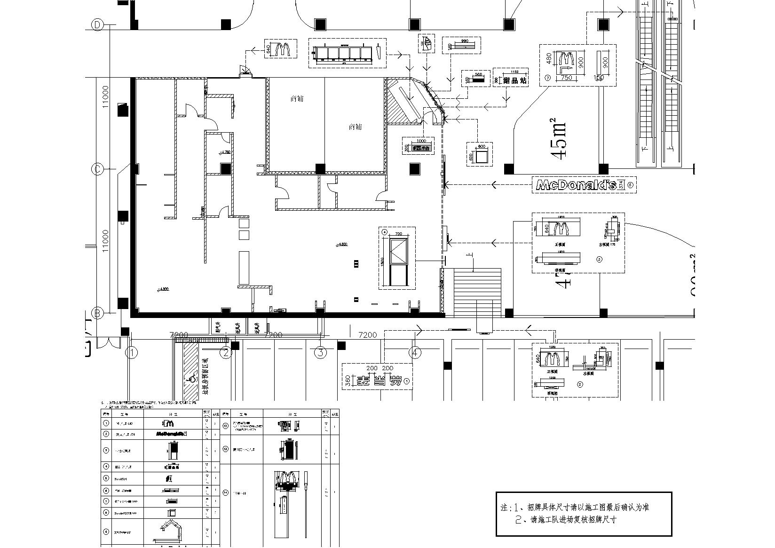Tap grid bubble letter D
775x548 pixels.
point(97,25)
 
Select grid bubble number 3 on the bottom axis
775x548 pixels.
point(320,352)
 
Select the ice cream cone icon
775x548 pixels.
point(426,43)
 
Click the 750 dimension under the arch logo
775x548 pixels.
point(566,78)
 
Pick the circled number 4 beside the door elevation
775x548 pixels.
point(384,232)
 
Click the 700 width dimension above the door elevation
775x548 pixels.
point(398,234)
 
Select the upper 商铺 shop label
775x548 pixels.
point(297,99)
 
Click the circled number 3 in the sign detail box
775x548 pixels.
point(599,259)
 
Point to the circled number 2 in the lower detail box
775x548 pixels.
point(580,384)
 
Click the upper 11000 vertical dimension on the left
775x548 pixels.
point(105,96)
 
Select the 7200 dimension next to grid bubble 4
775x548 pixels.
point(367,335)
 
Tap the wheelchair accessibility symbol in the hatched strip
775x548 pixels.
point(191,378)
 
